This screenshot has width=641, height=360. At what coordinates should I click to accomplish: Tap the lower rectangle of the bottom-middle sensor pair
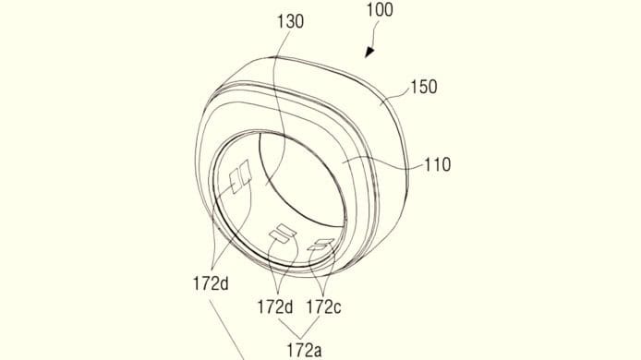(278, 238)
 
